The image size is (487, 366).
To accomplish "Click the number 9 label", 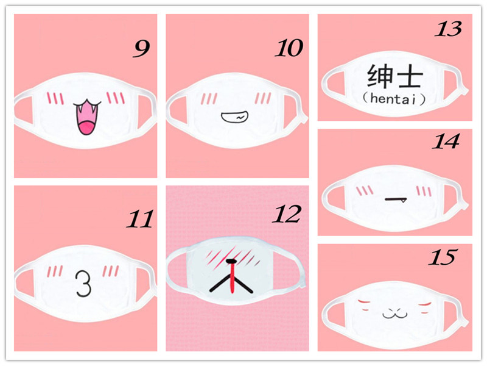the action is (x=142, y=49).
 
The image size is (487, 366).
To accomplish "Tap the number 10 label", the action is (x=289, y=48).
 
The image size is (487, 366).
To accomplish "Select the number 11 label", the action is (x=140, y=219).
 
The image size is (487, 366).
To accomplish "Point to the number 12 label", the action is (x=287, y=214).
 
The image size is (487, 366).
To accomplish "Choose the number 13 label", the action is (x=448, y=29).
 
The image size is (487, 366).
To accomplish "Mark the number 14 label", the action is (x=446, y=142).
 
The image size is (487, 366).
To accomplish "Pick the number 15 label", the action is (x=443, y=257).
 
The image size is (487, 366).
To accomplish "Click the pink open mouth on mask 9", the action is (x=87, y=117).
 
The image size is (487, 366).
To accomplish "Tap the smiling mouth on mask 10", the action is (x=234, y=117).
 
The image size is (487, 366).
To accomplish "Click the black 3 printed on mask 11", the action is (x=83, y=283).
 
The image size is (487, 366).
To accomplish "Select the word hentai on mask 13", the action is (x=394, y=99).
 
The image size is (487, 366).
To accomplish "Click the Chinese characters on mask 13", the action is (x=394, y=76).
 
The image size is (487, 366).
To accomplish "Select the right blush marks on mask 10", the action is (x=263, y=98).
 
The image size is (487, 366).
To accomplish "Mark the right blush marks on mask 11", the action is (x=111, y=271).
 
